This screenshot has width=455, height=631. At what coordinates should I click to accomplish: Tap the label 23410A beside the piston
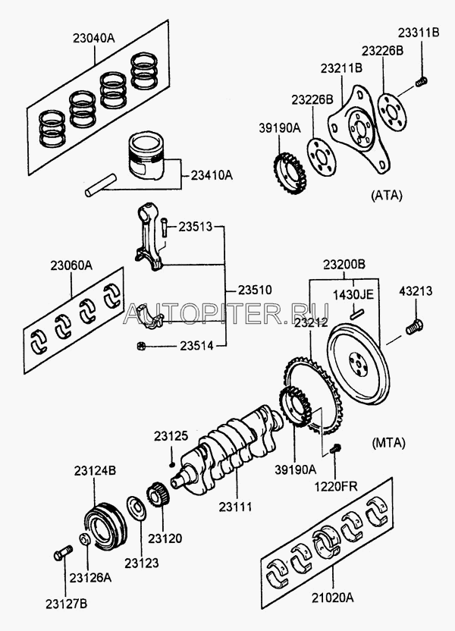pyautogui.click(x=207, y=175)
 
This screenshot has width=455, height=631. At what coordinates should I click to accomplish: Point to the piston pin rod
pyautogui.click(x=101, y=187)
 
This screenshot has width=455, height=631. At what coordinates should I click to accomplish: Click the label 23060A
pyautogui.click(x=72, y=267)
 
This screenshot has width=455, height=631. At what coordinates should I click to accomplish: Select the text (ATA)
pyautogui.click(x=387, y=195)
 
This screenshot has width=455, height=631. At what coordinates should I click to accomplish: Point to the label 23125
pyautogui.click(x=171, y=436)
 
